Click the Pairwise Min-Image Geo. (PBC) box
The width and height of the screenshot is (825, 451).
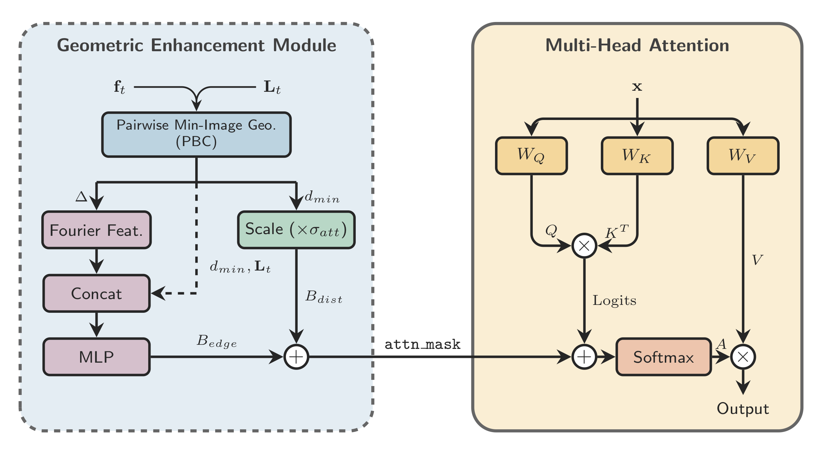click(x=196, y=134)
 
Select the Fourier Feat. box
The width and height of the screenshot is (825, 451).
click(x=97, y=230)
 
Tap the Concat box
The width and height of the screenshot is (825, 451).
click(x=97, y=294)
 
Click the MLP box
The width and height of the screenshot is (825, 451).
click(x=97, y=357)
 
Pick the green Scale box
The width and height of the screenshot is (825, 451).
click(x=296, y=230)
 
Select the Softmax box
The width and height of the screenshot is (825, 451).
click(x=663, y=357)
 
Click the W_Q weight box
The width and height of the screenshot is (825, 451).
click(x=531, y=156)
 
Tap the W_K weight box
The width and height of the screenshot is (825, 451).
click(x=637, y=156)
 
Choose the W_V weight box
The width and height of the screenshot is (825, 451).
click(x=743, y=156)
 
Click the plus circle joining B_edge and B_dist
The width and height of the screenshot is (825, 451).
click(x=296, y=357)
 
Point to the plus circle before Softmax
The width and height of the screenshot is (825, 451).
click(x=584, y=357)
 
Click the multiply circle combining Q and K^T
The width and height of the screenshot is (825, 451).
click(x=584, y=246)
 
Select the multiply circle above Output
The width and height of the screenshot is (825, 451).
click(x=743, y=357)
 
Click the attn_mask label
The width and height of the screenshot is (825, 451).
click(x=422, y=344)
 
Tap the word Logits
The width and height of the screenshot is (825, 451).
click(x=614, y=300)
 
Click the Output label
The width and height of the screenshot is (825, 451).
click(x=742, y=409)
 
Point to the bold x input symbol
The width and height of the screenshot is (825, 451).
click(x=637, y=86)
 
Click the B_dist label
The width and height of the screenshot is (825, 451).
click(x=323, y=297)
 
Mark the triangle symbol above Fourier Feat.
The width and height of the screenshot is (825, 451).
click(x=81, y=197)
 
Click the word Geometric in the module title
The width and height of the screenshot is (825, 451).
click(x=100, y=45)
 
